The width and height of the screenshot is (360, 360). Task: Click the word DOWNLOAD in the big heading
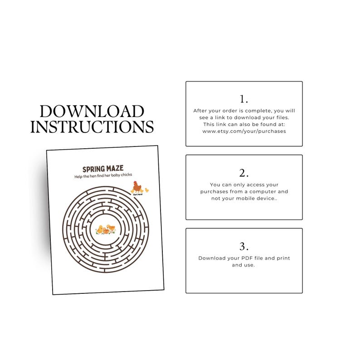pyautogui.click(x=92, y=112)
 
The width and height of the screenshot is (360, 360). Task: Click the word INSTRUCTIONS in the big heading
pyautogui.click(x=92, y=126)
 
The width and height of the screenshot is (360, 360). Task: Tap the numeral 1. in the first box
pyautogui.click(x=244, y=99)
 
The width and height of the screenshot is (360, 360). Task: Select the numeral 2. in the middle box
pyautogui.click(x=244, y=173)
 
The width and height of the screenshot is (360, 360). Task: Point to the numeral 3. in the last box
pyautogui.click(x=244, y=246)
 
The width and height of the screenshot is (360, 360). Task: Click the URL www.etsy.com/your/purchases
pyautogui.click(x=244, y=131)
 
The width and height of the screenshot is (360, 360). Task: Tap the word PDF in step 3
pyautogui.click(x=244, y=258)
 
